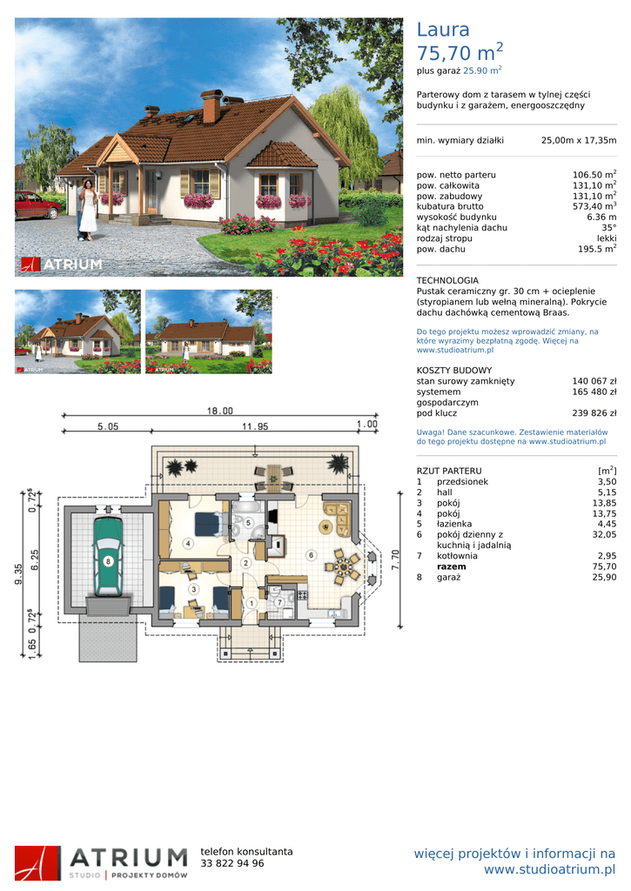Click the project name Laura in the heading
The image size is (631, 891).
(x=443, y=30)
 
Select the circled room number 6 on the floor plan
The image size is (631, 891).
(x=311, y=555)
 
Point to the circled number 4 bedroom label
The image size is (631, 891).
(x=188, y=543)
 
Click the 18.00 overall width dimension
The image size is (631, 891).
(x=219, y=411)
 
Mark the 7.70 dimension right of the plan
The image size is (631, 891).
(x=396, y=559)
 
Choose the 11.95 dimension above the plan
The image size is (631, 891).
(x=255, y=426)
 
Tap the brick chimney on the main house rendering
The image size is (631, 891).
(x=211, y=106)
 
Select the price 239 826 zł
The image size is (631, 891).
(x=594, y=413)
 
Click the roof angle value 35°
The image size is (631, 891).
(x=609, y=228)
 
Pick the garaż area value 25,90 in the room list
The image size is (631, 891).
(x=604, y=578)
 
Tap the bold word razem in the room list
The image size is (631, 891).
(x=452, y=566)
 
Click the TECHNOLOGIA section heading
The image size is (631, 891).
(x=447, y=280)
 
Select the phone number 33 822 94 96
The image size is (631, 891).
(x=232, y=863)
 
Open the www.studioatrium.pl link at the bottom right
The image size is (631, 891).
(x=550, y=869)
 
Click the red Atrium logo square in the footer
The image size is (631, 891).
(x=37, y=863)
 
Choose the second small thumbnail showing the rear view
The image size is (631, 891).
(x=209, y=332)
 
